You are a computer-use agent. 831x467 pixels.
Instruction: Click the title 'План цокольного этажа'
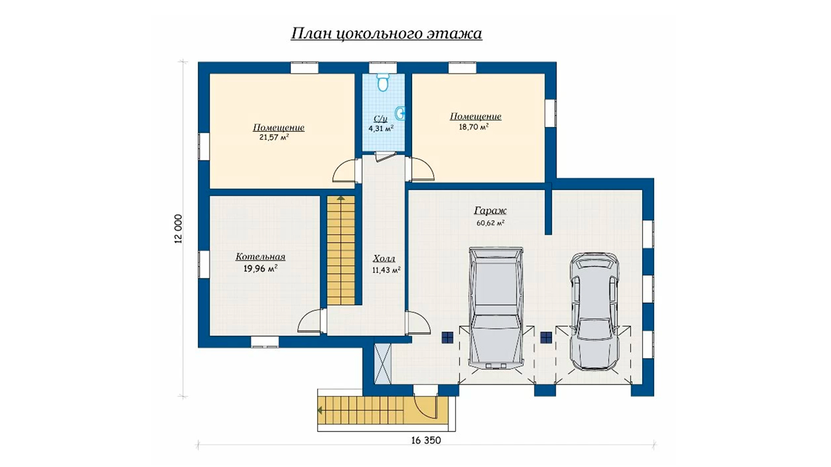pos(386,34)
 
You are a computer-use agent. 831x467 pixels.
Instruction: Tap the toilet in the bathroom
pos(383,82)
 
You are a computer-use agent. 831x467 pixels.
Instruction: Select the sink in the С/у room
pos(401,114)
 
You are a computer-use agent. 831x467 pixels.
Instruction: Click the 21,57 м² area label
pos(274,138)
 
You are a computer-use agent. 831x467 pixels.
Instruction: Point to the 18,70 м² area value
pos(474,127)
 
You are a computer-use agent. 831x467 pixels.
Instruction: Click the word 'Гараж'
pos(490,211)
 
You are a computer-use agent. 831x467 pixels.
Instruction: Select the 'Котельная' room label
pos(260,257)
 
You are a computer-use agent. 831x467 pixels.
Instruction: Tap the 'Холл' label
pos(384,259)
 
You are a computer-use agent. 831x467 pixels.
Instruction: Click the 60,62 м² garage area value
pos(490,223)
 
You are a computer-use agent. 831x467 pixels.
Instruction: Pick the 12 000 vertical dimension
pos(179,229)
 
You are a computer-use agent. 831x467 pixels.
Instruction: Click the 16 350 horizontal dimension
pos(426,440)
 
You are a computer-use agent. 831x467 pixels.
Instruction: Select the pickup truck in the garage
pos(496,308)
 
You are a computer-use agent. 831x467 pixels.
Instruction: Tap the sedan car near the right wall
pos(594,311)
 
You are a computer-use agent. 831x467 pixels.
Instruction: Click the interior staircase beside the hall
pos(341,250)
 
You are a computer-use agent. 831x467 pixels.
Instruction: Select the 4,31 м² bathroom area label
pos(381,128)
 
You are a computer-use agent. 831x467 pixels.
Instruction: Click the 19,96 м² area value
pos(260,269)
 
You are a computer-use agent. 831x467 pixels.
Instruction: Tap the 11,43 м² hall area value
pos(386,270)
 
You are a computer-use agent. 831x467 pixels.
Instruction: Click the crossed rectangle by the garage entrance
pos(383,364)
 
